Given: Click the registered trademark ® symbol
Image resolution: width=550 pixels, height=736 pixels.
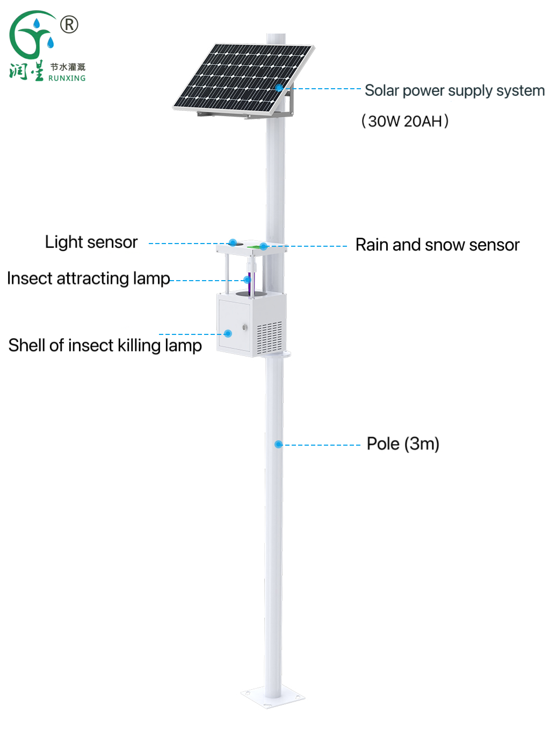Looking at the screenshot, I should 69,24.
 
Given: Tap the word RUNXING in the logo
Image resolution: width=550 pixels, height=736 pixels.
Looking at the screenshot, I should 67,78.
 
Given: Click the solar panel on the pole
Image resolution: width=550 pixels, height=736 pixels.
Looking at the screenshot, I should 242,78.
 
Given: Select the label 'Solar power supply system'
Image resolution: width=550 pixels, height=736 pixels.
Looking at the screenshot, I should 454,90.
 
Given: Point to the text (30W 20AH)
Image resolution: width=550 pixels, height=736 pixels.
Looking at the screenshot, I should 405,121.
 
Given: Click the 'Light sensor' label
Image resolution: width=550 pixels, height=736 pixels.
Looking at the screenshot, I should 91,242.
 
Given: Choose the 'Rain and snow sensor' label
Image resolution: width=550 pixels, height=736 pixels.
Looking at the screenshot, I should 437,245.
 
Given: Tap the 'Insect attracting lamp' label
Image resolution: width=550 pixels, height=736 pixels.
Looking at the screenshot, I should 89,278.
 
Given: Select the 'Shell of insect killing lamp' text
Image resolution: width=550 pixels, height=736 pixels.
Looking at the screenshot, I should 105,345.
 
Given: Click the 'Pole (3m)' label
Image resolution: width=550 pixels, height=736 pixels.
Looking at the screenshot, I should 403,444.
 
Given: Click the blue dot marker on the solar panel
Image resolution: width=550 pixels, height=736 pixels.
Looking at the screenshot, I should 279,87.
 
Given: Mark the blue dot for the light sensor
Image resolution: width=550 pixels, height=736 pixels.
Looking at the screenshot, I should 233,242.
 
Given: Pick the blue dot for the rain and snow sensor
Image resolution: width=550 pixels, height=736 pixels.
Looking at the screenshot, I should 263,246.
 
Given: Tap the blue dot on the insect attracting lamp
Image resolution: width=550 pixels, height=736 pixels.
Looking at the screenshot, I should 247,280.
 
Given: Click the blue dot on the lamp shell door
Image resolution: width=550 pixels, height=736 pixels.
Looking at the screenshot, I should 228,333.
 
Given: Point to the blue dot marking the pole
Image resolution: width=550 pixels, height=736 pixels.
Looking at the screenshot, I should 278,444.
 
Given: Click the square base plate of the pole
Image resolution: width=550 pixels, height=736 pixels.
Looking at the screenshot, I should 273,697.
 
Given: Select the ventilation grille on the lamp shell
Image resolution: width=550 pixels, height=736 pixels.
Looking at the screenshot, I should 270,338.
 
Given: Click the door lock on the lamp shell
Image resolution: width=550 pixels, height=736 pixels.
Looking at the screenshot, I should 244,327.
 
